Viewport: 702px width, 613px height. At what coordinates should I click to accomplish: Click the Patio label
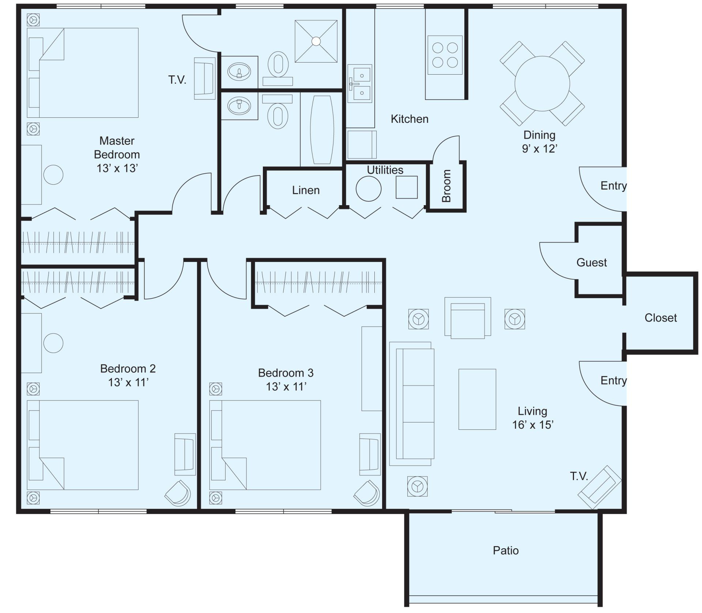click(506, 550)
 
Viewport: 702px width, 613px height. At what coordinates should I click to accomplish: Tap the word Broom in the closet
click(446, 186)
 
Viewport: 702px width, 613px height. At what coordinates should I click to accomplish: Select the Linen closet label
click(306, 190)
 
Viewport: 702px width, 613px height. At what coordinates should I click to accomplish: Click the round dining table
click(542, 84)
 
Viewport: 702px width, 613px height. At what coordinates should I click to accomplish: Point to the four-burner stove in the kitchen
click(445, 55)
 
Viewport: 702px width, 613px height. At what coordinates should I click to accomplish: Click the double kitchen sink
click(360, 84)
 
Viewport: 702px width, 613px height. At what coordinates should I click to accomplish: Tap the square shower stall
click(316, 41)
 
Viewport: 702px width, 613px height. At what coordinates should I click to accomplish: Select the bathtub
click(322, 130)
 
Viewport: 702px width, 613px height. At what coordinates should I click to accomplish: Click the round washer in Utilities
click(369, 189)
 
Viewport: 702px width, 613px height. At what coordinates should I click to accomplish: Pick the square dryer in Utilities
click(407, 187)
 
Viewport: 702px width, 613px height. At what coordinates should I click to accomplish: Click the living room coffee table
click(477, 399)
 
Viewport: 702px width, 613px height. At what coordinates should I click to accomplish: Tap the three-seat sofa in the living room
click(412, 404)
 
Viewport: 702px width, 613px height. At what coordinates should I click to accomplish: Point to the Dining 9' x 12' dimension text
click(539, 142)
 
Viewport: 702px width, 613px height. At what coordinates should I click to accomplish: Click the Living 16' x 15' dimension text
click(532, 418)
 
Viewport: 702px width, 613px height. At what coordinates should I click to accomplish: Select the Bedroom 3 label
click(286, 373)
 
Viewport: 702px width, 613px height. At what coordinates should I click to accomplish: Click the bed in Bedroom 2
click(83, 445)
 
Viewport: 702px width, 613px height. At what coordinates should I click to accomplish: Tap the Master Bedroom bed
click(83, 73)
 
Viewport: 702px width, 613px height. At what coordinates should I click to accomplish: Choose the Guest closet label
click(592, 263)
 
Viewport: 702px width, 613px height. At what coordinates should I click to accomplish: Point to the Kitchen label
click(409, 119)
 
